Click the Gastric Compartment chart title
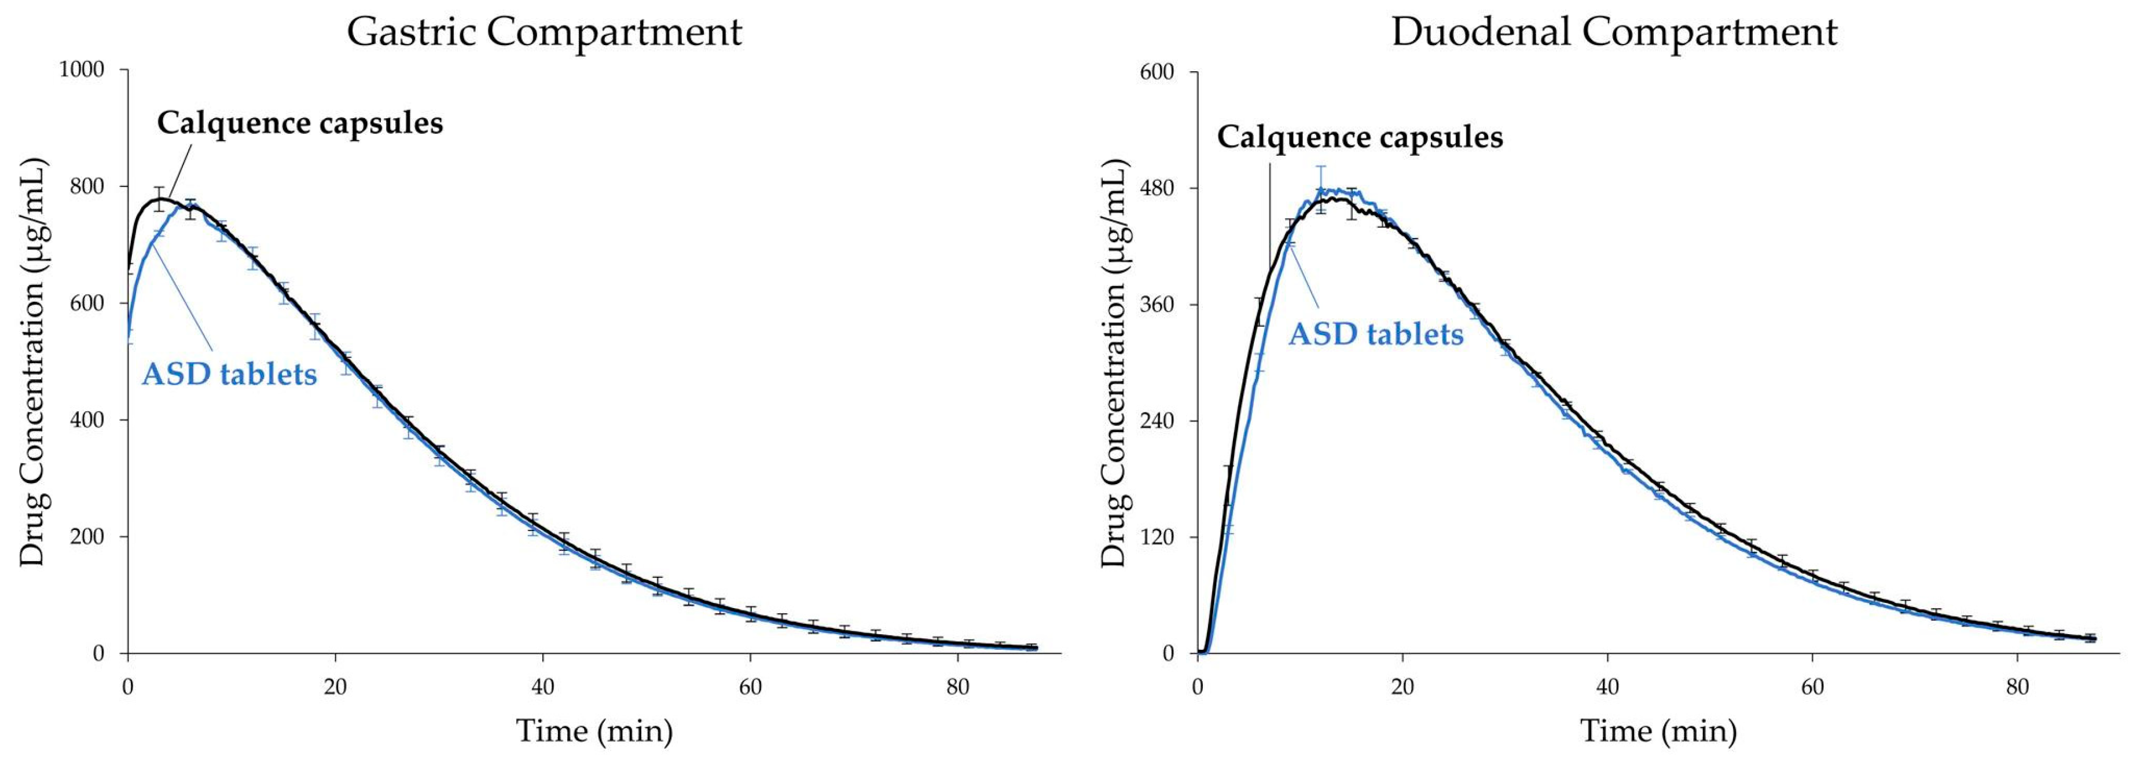(x=544, y=32)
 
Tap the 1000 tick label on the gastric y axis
(x=81, y=71)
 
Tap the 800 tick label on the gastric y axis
(x=86, y=186)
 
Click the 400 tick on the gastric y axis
(x=86, y=420)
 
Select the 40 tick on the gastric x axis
(x=542, y=687)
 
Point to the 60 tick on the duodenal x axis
(x=1812, y=687)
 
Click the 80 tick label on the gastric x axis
(x=958, y=687)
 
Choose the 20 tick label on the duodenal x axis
(x=1403, y=687)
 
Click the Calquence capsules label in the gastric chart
(x=300, y=123)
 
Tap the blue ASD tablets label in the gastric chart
(x=229, y=374)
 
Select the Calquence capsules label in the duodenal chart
(x=1360, y=137)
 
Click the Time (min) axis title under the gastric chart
(x=594, y=730)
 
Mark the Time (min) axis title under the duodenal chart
(x=1658, y=730)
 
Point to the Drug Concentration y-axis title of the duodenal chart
(x=1114, y=362)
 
